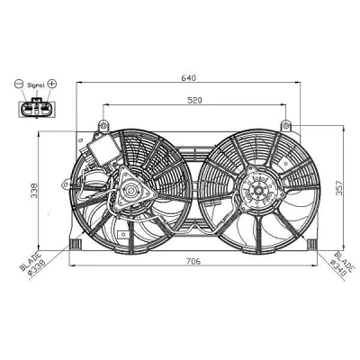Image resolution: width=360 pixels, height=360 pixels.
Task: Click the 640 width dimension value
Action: point(188,78)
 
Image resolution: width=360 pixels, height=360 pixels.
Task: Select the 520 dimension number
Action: point(194,101)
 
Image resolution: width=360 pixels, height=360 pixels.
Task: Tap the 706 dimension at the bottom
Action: point(193,261)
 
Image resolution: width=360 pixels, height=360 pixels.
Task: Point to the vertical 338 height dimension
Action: point(35,190)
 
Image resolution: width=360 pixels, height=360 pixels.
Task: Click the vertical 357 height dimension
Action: point(338,188)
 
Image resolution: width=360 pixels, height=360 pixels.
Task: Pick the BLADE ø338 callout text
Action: point(33,262)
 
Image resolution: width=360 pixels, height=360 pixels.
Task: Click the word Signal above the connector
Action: point(36,85)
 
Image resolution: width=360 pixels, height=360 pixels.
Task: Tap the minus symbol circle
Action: point(19,84)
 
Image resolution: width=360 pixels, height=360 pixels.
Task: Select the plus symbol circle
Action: point(52,84)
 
